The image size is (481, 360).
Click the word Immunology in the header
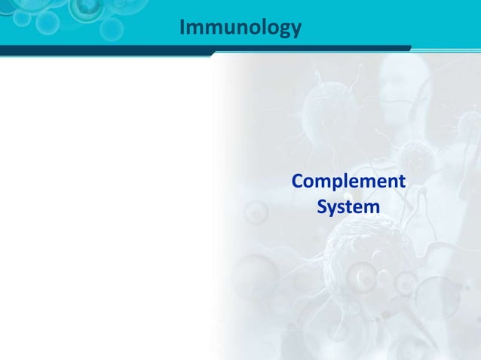point(240,28)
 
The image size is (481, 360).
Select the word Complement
point(348,182)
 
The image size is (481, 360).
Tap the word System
point(348,206)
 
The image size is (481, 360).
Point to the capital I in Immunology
point(183,28)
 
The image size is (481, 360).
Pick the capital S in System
point(323,206)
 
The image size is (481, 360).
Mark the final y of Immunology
point(296,30)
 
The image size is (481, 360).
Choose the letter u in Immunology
point(223,29)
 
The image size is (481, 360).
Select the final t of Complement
point(400,182)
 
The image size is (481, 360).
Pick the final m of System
point(370,206)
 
